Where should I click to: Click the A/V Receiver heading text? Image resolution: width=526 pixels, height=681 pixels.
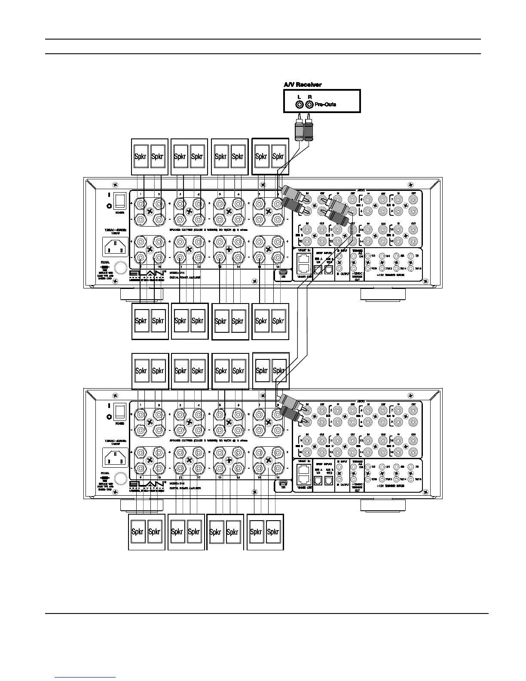(303, 85)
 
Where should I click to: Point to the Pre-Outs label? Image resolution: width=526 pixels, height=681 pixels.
(325, 104)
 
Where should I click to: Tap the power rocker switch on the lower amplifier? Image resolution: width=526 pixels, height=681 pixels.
(121, 412)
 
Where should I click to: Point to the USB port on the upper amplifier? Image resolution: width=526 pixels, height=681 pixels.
(282, 272)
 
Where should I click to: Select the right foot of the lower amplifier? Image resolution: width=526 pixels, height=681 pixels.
(382, 505)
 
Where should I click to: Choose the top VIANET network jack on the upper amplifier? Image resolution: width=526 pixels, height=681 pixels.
(303, 259)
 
